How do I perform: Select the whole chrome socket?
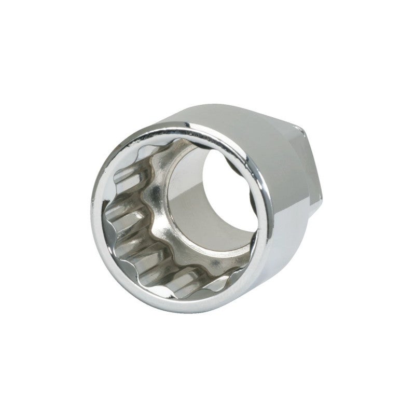208,208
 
